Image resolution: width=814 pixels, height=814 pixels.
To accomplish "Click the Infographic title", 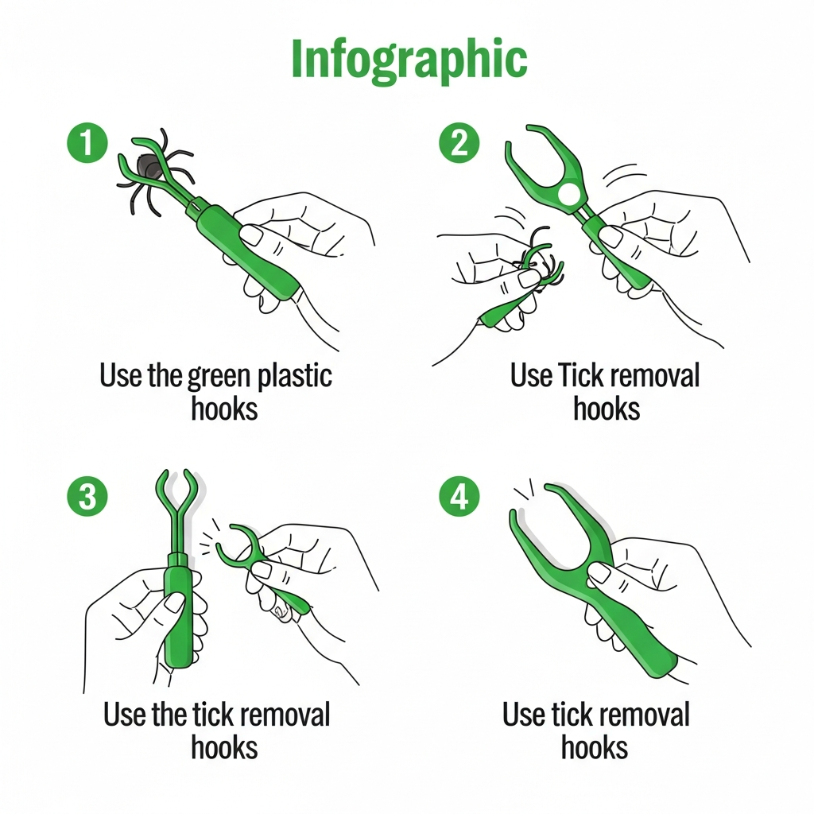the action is coord(409,59).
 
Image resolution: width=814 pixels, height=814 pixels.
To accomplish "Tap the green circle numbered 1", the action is coord(87,143).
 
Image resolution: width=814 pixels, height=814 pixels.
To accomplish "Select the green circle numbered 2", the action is coord(459,143).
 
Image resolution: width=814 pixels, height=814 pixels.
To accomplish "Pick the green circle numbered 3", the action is coord(87,496).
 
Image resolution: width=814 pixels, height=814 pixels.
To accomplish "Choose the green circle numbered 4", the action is coord(459,496).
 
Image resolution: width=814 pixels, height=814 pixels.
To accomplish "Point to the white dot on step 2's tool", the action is coord(568,194).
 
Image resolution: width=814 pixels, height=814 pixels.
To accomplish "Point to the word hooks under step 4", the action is coord(595,747).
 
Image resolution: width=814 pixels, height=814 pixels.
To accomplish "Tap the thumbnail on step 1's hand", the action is coord(253,235).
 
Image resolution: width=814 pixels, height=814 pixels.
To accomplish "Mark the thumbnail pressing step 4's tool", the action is coord(600,573).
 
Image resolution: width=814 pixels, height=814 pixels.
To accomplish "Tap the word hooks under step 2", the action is coord(607,409).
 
